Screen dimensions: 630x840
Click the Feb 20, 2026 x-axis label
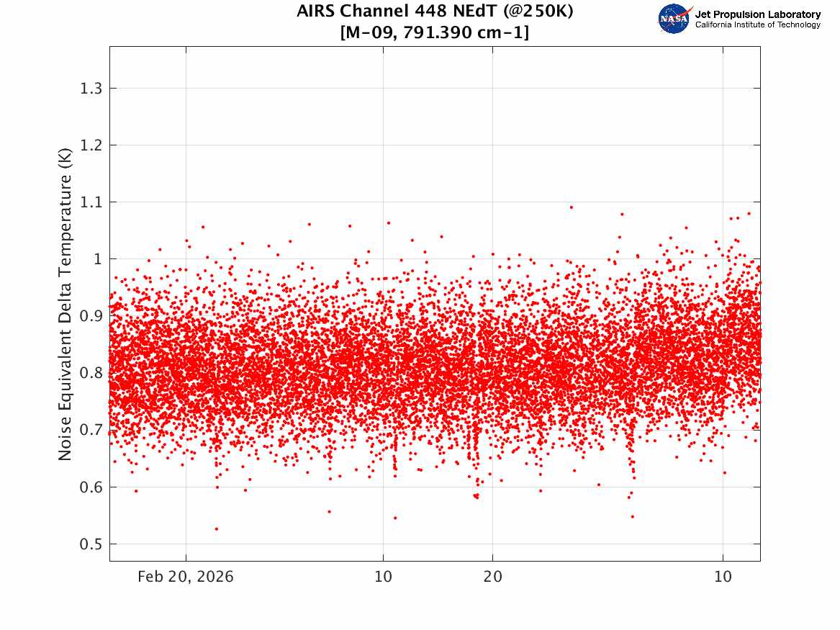coord(186,577)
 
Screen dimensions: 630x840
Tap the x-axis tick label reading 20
coord(492,577)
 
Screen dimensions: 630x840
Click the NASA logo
coord(674,19)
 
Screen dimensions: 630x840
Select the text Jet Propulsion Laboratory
coord(757,14)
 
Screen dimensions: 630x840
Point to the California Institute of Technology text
coord(757,25)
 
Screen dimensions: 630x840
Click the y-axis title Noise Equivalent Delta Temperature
coord(65,305)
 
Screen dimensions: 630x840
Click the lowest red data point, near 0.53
coord(217,528)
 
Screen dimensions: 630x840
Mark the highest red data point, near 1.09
coord(572,207)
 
